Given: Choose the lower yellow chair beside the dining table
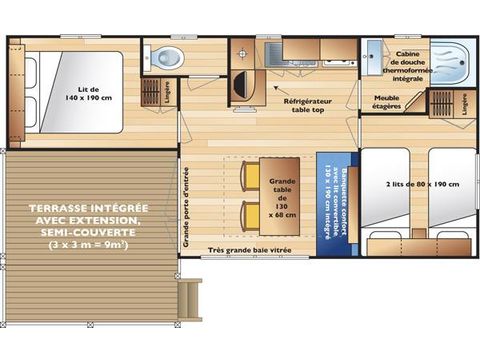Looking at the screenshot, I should coord(249,213).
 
